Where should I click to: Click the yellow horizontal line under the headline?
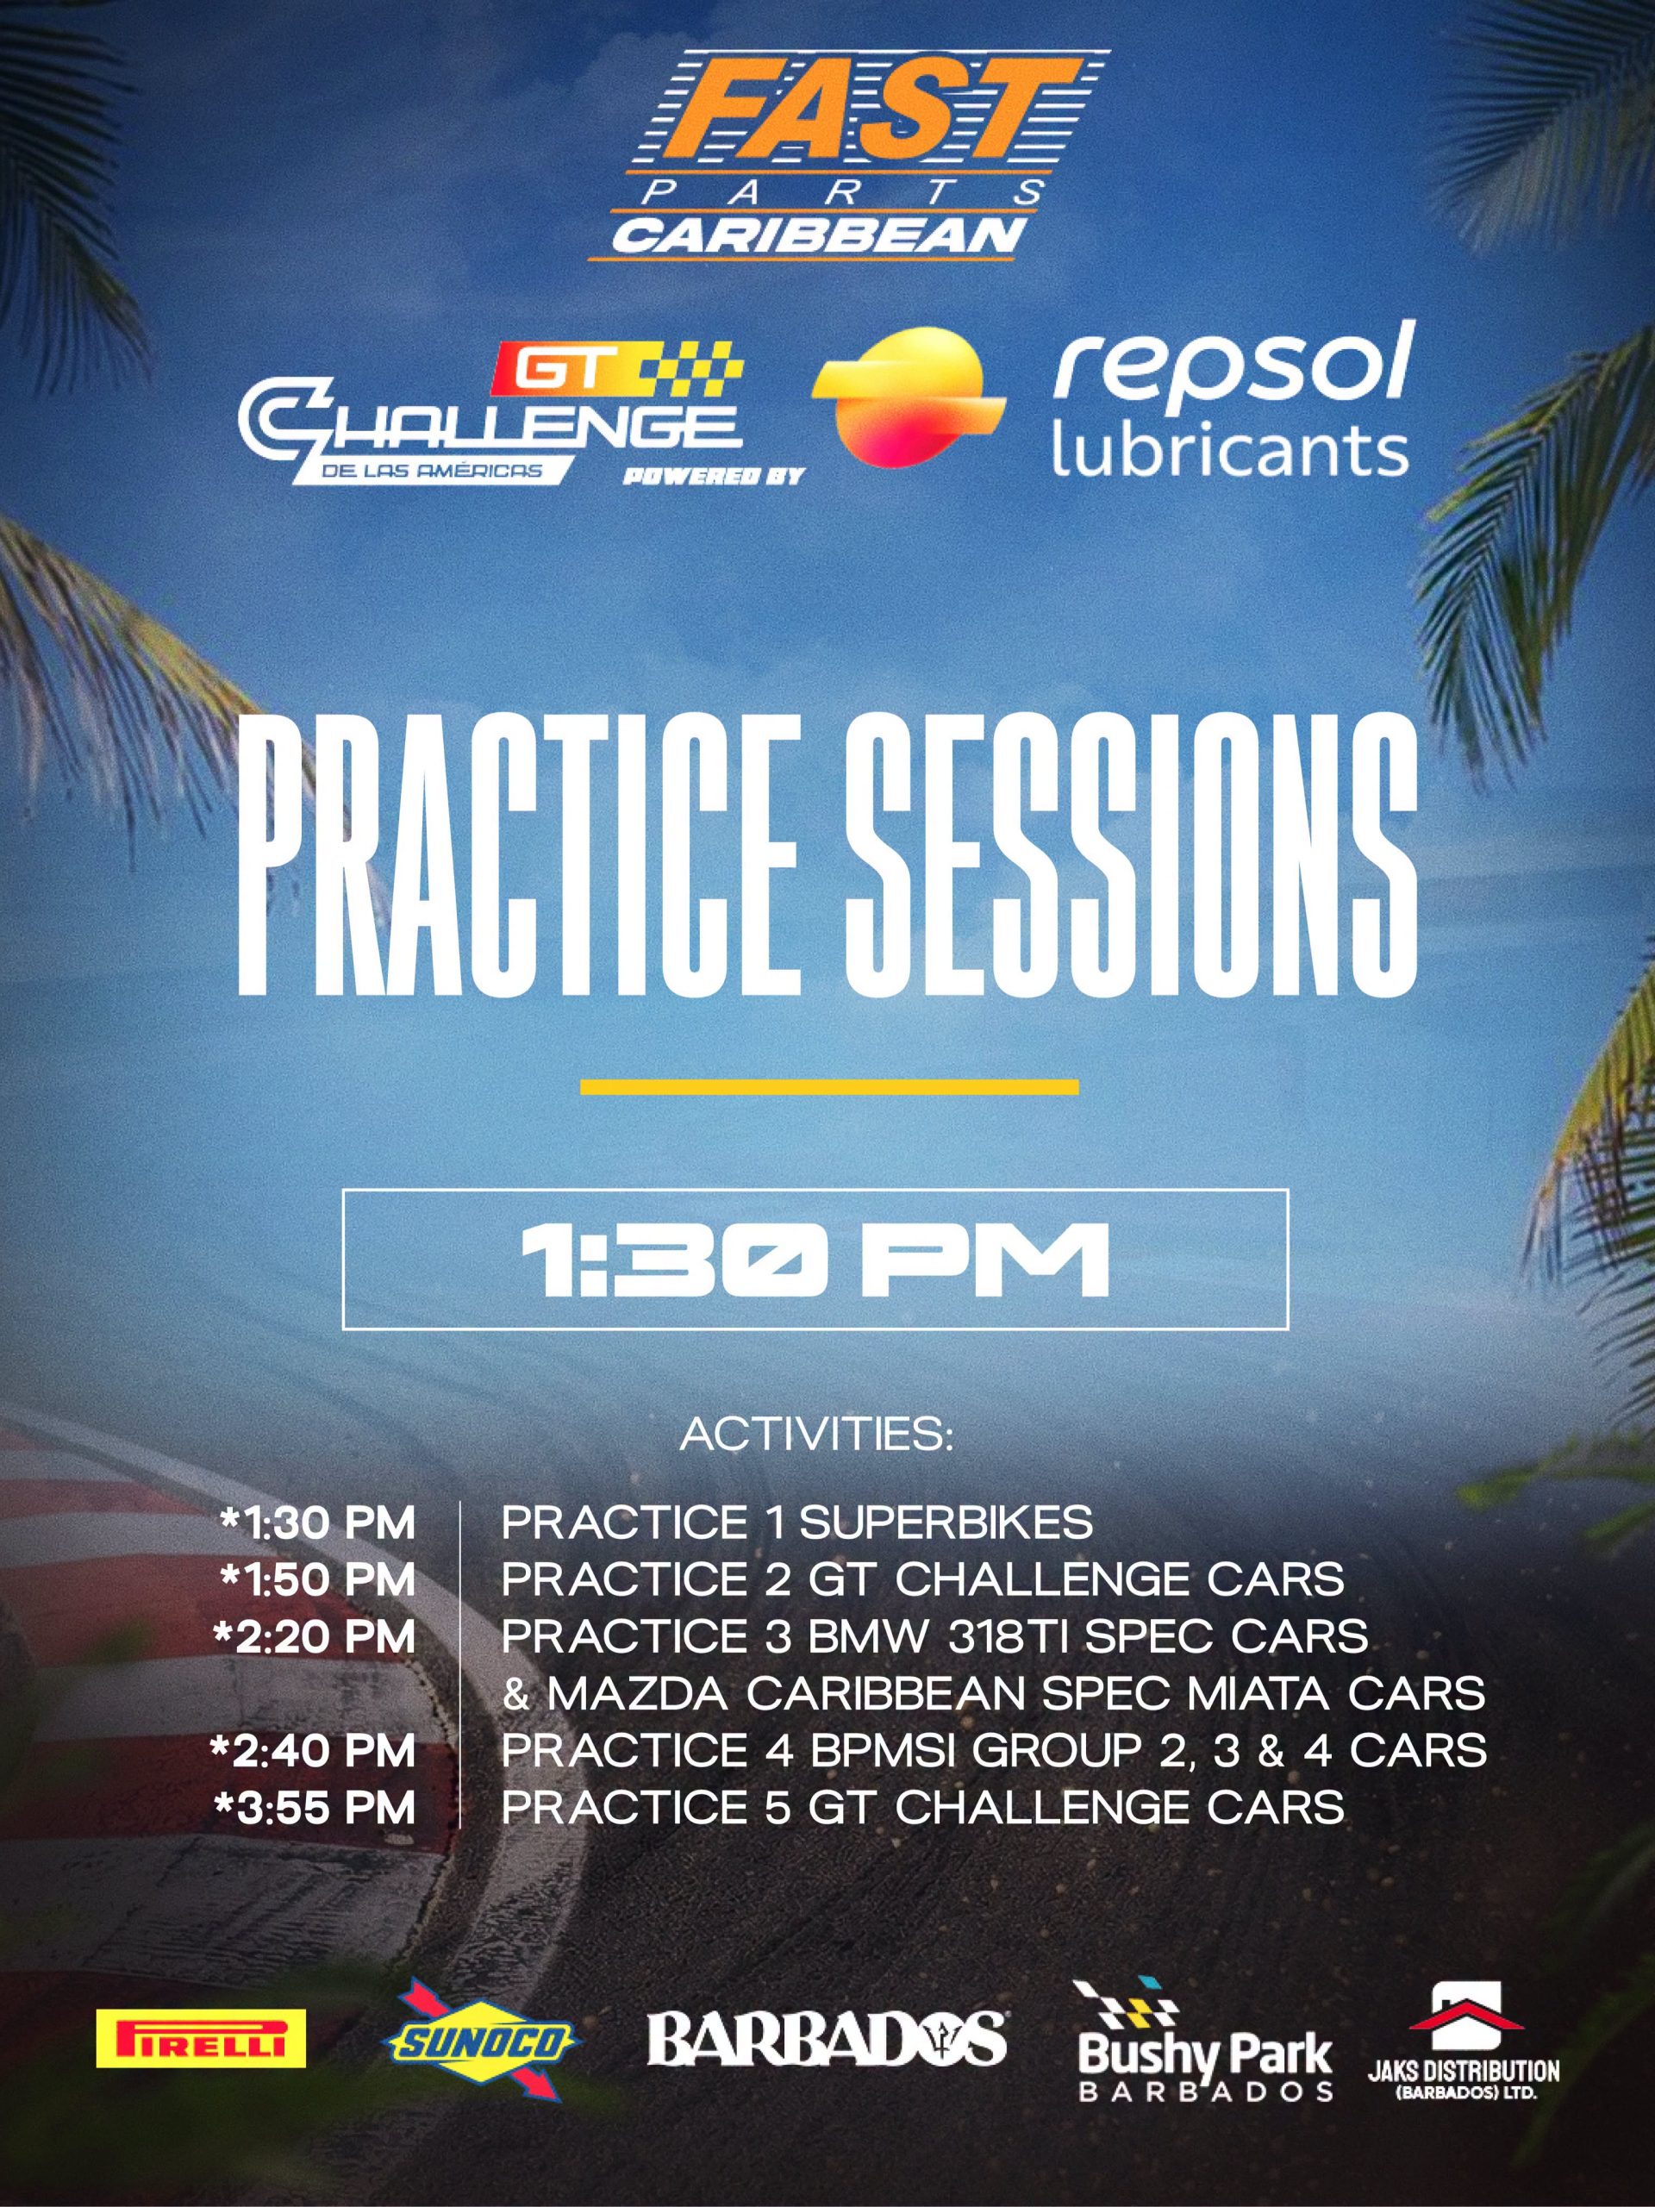[x=829, y=1086]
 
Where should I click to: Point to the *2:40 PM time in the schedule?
[x=313, y=1753]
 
